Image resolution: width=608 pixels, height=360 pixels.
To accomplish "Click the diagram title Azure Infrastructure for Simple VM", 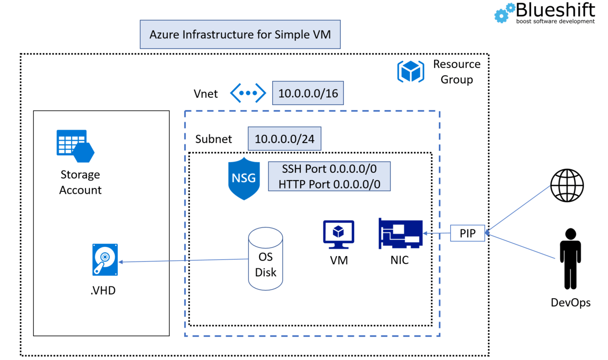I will (x=240, y=34).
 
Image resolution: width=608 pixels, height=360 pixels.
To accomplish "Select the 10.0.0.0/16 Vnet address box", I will (x=308, y=93).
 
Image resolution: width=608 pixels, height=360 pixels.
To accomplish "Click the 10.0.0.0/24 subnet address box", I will (x=284, y=139).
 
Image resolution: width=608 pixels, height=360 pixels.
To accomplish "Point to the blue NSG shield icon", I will (x=244, y=179).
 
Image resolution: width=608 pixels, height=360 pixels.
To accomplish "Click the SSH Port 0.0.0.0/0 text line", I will (x=329, y=170).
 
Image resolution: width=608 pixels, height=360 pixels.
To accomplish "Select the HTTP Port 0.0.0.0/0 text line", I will (x=329, y=183).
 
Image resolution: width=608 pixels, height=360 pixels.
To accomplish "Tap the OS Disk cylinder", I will (x=266, y=259).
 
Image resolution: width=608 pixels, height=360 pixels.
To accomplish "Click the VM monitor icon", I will (x=338, y=234).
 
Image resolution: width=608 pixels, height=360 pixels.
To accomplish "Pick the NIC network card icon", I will (x=400, y=233).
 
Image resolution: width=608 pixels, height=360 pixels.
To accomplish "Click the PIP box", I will (x=467, y=233).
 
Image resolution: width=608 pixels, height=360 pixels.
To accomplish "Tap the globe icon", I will (x=567, y=186).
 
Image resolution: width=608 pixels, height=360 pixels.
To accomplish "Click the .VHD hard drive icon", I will (x=105, y=260).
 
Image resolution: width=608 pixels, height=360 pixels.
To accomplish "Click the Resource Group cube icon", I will (x=410, y=71).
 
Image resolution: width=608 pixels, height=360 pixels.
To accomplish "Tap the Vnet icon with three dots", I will (x=247, y=93).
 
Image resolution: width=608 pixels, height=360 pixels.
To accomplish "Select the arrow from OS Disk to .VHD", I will (x=185, y=261).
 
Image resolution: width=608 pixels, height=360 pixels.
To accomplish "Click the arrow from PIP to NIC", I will (x=437, y=233).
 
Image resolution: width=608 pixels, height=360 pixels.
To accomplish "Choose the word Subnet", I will (x=214, y=139).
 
